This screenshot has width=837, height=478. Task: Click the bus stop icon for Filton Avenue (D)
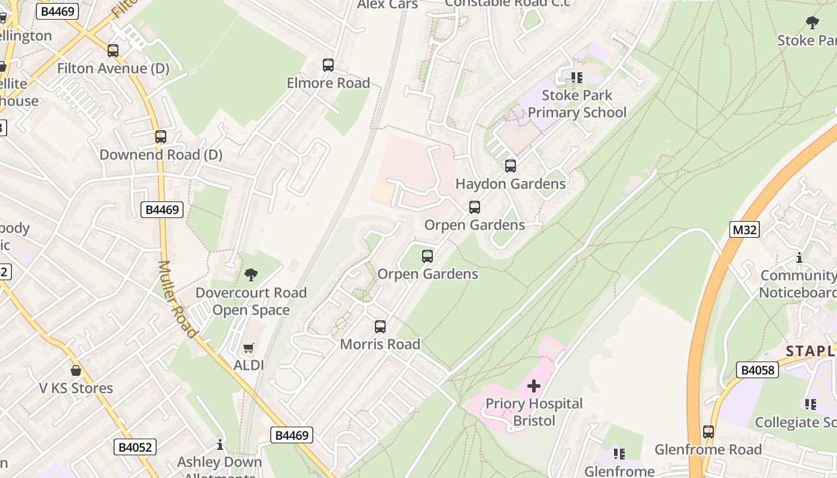(x=113, y=51)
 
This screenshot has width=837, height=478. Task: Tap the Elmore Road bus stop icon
(x=328, y=65)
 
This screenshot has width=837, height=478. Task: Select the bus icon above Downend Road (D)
(x=161, y=137)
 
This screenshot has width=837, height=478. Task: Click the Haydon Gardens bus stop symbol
(x=511, y=166)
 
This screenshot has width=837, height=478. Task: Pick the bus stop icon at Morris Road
(x=380, y=327)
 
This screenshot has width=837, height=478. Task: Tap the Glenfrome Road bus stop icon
(x=708, y=431)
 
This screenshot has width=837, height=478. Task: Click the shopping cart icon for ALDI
(x=249, y=348)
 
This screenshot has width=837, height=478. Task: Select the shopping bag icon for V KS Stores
(x=76, y=370)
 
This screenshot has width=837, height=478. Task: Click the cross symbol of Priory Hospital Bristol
(x=534, y=386)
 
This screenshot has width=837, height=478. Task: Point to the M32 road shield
(x=744, y=229)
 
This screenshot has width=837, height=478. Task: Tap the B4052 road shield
(x=135, y=447)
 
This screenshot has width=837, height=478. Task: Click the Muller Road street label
(x=178, y=299)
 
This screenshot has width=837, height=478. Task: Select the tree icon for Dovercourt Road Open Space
(x=251, y=275)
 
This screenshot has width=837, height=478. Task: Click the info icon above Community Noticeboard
(x=799, y=258)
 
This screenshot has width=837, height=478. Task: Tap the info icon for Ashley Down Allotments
(x=220, y=445)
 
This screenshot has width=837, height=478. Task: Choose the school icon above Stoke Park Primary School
(x=577, y=78)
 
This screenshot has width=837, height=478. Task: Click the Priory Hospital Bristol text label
(x=534, y=412)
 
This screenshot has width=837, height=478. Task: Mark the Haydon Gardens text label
(x=511, y=184)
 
